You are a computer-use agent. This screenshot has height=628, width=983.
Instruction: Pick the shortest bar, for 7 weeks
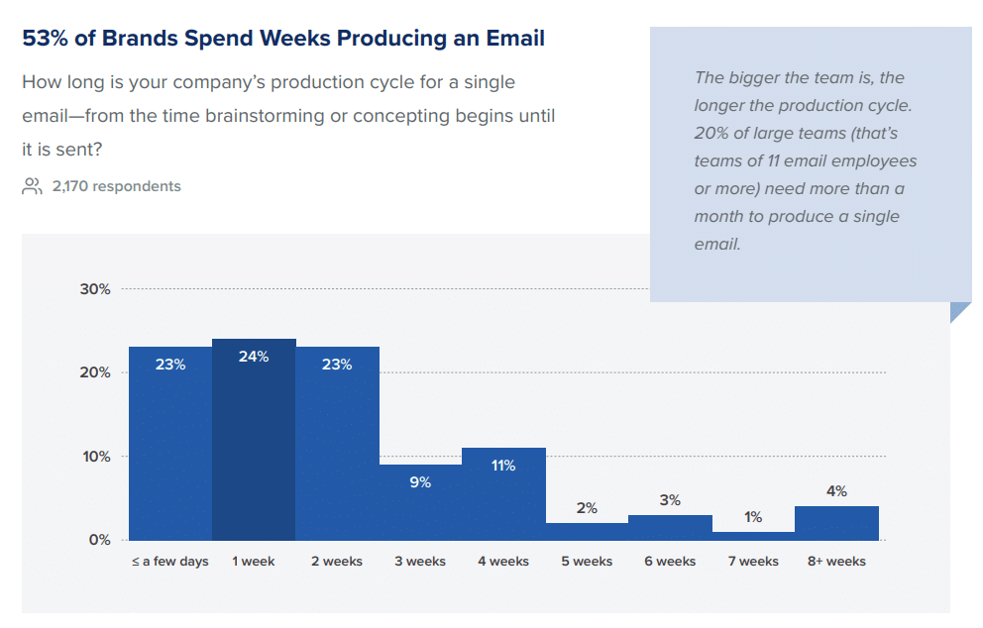(x=753, y=536)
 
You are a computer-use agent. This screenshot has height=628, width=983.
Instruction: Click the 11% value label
(x=503, y=466)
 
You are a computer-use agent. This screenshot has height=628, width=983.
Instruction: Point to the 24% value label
(x=254, y=357)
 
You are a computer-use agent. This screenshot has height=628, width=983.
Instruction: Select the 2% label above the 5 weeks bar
(x=587, y=508)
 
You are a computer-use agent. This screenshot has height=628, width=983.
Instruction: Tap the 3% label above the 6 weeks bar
(x=670, y=500)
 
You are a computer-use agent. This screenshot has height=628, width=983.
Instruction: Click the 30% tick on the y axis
(x=95, y=289)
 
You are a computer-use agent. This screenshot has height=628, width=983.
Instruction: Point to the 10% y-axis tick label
(x=95, y=457)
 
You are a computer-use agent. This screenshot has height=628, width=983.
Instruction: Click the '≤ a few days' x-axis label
(x=170, y=562)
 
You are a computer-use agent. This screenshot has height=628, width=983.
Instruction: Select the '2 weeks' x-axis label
(x=337, y=562)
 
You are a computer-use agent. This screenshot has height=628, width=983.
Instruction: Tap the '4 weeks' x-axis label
(x=503, y=562)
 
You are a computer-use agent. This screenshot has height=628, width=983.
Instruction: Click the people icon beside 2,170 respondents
(x=32, y=186)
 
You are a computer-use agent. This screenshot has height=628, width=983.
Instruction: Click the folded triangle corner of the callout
(x=959, y=311)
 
